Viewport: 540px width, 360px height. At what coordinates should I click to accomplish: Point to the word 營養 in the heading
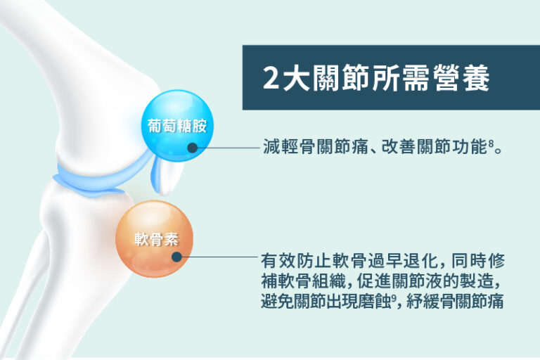coord(470,79)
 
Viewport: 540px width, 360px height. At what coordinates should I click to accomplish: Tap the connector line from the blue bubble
coord(225,148)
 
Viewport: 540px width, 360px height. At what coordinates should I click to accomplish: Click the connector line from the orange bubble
coord(218,257)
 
